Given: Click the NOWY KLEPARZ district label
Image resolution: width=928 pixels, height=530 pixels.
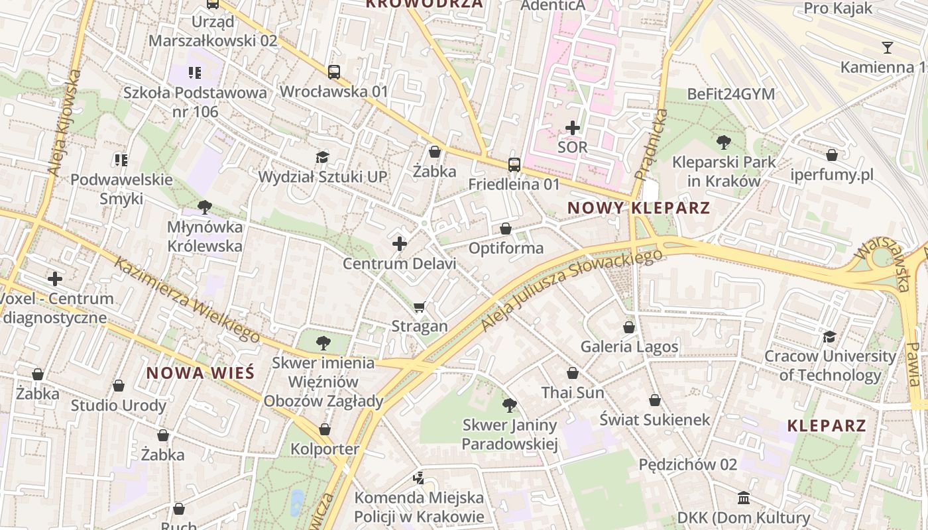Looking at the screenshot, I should click(638, 208).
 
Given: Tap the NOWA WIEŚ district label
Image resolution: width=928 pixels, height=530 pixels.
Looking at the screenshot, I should click(200, 373).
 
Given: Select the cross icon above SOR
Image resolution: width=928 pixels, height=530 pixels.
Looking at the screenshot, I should click(573, 128).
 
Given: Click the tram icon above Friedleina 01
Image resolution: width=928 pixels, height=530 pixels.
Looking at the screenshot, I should click(514, 164).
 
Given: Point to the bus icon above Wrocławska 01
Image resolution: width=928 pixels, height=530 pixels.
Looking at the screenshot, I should click(334, 72).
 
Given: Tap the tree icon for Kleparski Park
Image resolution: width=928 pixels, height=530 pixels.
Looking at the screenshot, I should click(724, 142).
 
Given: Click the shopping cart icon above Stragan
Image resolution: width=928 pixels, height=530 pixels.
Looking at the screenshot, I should click(419, 307).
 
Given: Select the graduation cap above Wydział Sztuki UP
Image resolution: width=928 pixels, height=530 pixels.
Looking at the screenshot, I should click(322, 157).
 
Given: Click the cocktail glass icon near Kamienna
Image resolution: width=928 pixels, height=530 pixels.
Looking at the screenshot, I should click(887, 48).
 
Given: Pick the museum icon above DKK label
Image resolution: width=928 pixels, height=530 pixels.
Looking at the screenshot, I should click(744, 498).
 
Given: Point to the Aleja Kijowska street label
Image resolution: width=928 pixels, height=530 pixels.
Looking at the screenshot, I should click(64, 123).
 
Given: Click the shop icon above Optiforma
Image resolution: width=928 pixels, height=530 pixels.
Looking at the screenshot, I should click(506, 229).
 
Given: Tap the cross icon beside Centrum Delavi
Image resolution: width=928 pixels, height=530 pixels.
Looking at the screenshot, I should click(400, 244).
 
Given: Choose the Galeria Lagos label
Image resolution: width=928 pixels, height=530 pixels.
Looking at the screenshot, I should click(629, 346).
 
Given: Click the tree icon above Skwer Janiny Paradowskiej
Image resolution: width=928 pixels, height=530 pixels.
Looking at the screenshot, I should click(509, 405).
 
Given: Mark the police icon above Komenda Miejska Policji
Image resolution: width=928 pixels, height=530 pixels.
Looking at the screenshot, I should click(418, 478).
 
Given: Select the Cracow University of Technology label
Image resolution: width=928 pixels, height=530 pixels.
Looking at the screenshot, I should click(830, 366).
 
